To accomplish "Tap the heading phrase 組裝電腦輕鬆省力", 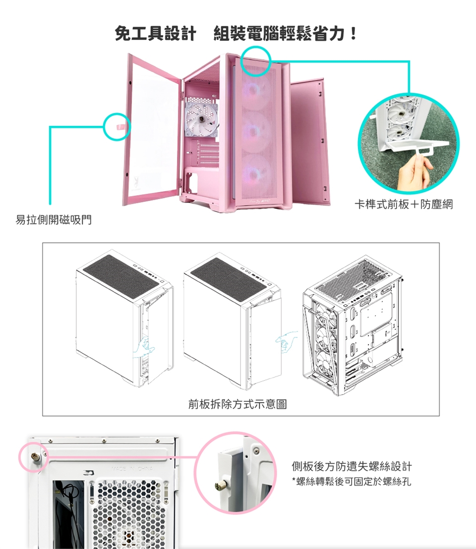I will point(280,34).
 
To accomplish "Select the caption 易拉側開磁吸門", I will point(54,220).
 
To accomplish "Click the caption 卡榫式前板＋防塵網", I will point(403,204).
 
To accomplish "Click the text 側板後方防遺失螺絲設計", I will point(352,467).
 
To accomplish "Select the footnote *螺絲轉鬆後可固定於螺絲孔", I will point(351,482).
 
